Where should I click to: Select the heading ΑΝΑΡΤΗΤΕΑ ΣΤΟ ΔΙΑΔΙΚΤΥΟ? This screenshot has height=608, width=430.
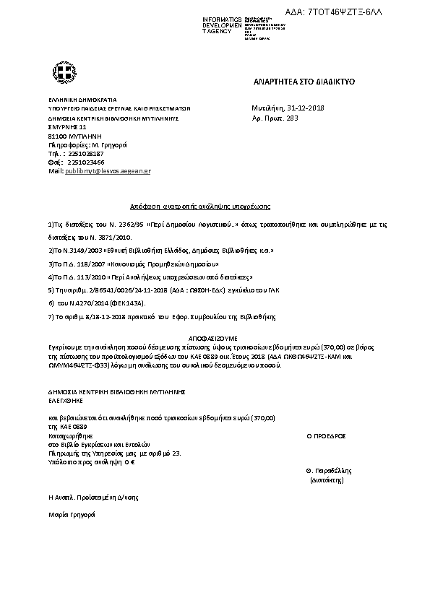coord(293,82)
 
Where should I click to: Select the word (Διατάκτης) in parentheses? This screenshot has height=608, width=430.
coord(327,478)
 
